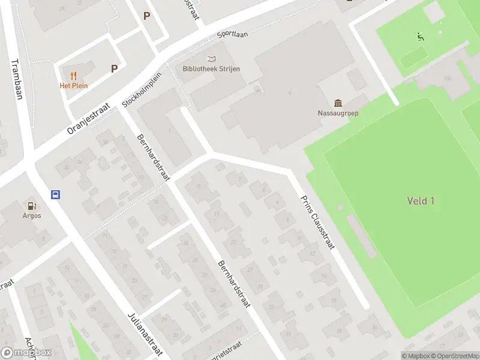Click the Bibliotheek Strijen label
tap(211, 69)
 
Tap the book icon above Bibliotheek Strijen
tap(211, 59)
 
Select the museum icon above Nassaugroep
tap(338, 103)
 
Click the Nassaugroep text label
tap(338, 113)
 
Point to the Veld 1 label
tap(420, 201)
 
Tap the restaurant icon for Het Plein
tap(73, 76)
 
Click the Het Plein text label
tap(73, 86)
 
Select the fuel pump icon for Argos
tap(32, 206)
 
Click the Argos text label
tap(32, 215)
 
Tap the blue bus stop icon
tap(55, 194)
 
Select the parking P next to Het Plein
tap(114, 69)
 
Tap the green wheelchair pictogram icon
tap(421, 37)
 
